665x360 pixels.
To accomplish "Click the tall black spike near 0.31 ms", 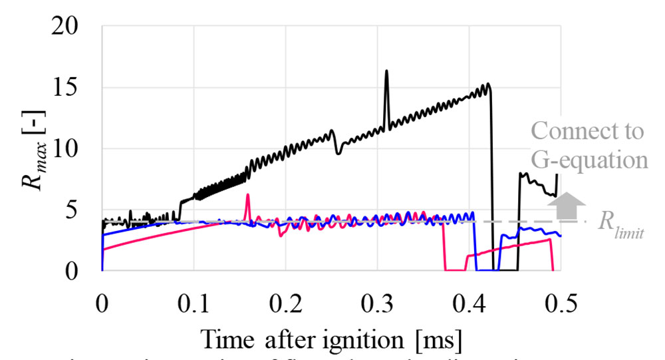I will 386,71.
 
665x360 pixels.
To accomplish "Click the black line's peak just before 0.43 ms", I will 488,84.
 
